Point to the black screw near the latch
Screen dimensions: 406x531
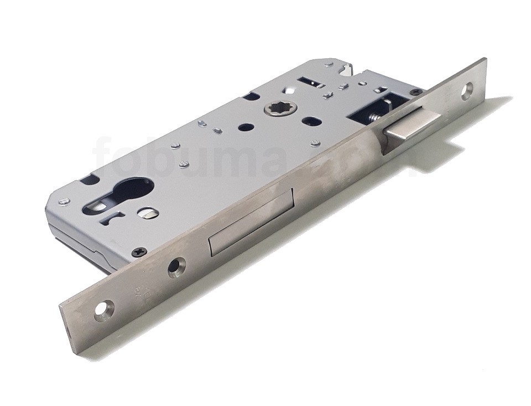point(415,92)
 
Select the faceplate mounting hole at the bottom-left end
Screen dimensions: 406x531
point(104,311)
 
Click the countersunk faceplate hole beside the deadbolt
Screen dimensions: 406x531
point(177,267)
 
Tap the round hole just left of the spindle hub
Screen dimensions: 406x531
point(242,127)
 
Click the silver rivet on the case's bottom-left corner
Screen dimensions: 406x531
point(64,202)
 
